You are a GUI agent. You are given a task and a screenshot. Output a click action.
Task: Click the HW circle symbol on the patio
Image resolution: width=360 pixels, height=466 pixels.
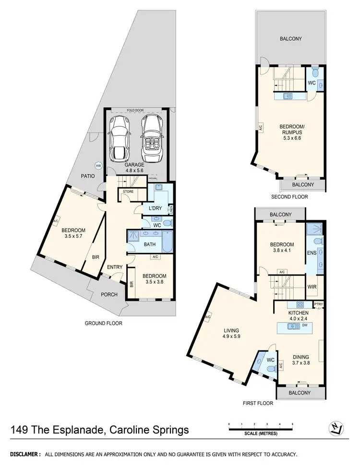98,166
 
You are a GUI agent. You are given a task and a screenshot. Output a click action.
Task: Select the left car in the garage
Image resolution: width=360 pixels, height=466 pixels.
119,139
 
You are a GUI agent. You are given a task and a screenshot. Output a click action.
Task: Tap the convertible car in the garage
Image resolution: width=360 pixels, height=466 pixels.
152,139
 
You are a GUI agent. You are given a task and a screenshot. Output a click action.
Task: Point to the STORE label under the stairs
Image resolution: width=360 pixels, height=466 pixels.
128,192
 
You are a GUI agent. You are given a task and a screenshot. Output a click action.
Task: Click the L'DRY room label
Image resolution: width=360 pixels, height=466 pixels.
155,208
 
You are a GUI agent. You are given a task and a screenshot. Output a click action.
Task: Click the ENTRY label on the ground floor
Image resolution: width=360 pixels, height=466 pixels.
115,267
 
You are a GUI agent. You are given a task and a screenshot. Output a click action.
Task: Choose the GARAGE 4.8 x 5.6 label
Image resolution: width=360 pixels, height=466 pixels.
135,167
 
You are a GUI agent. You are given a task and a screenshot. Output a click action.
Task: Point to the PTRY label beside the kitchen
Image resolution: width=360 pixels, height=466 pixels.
318,304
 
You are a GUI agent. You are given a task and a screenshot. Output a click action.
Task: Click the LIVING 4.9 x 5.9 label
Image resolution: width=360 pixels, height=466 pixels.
231,334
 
